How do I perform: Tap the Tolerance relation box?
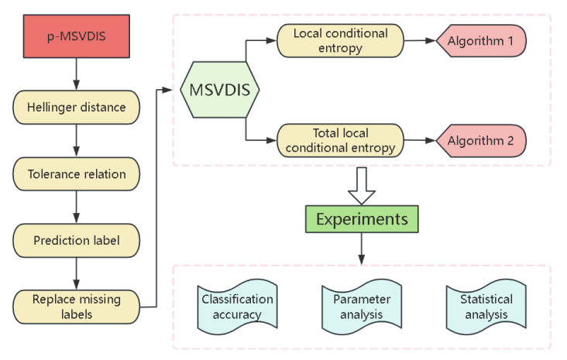[75, 174]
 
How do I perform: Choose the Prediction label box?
[75, 239]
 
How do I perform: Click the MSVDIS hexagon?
[219, 90]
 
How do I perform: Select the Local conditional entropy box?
[340, 40]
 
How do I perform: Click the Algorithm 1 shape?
[483, 40]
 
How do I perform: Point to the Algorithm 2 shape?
[483, 142]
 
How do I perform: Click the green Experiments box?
[360, 219]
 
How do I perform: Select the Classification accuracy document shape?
[238, 306]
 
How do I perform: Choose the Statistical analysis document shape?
[480, 306]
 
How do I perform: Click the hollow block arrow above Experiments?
[360, 184]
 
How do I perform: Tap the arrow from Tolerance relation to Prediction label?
[75, 207]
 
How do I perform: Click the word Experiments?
[360, 219]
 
